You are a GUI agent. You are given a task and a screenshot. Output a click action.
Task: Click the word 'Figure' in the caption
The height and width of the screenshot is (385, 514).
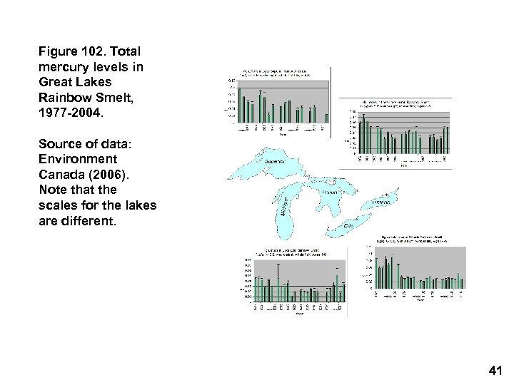tap(59, 51)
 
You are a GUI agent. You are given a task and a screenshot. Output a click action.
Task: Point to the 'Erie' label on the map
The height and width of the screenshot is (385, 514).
tap(349, 225)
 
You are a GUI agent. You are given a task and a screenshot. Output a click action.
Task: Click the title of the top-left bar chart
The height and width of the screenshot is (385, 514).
tap(277, 73)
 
